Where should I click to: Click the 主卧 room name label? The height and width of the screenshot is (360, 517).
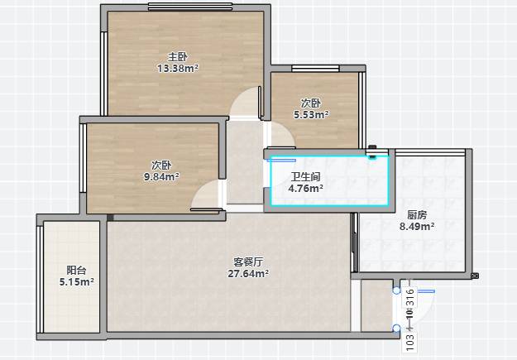[178, 57]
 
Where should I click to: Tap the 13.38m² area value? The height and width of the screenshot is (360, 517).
[178, 69]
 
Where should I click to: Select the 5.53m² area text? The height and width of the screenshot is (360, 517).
[311, 115]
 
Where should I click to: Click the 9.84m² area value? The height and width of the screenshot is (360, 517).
[161, 177]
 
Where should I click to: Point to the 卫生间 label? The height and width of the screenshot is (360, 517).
[305, 177]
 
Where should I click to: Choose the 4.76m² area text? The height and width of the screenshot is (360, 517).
[305, 189]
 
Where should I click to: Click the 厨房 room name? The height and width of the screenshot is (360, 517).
[417, 215]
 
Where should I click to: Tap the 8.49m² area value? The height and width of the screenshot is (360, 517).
[417, 227]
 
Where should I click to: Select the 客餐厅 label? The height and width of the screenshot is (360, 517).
[248, 262]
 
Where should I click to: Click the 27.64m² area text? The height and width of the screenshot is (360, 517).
[248, 274]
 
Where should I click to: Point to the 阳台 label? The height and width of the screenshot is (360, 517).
[76, 271]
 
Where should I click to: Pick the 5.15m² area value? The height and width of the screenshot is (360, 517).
[76, 282]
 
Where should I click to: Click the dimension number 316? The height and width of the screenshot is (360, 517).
[409, 298]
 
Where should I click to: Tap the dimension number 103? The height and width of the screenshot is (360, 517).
[409, 343]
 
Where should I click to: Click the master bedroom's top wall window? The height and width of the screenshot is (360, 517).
[190, 7]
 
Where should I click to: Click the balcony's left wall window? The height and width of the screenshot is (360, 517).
[40, 279]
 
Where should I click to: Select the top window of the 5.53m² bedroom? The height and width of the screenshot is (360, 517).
[315, 69]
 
